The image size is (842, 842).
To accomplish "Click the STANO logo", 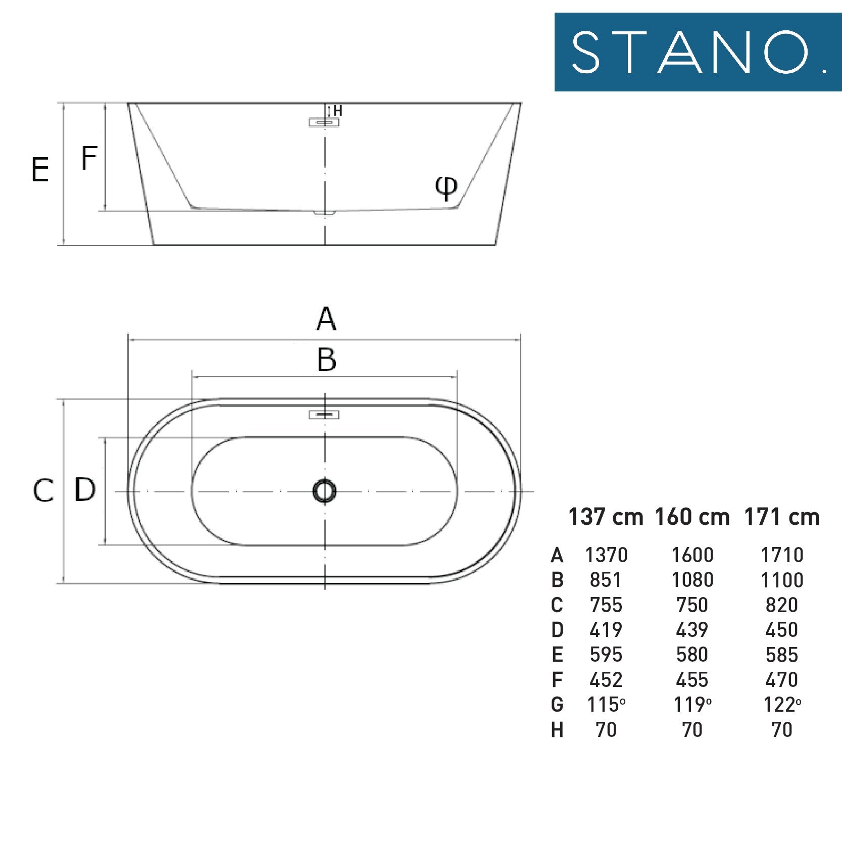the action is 698,52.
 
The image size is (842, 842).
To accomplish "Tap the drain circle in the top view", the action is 324,491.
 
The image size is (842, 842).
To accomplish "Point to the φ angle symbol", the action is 447,188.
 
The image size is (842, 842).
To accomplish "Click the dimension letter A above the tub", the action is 326,319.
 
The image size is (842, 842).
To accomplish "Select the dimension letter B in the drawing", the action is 327,360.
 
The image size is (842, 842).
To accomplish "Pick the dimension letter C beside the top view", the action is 43,490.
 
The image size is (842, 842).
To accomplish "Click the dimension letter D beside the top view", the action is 85,489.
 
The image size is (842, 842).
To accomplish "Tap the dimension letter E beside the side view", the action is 40,169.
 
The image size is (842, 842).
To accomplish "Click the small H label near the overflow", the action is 338,111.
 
